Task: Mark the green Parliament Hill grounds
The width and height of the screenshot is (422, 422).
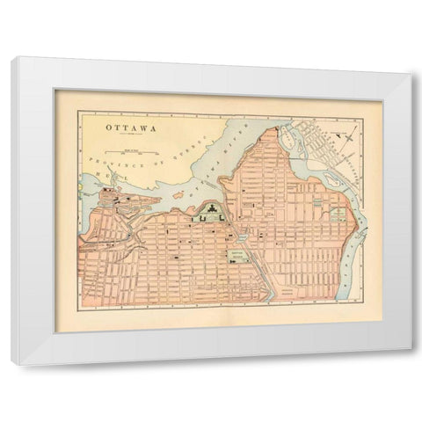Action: click(x=211, y=216)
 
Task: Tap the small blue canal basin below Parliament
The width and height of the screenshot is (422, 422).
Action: click(x=240, y=236)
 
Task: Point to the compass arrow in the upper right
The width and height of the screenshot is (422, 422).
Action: click(x=347, y=135)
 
